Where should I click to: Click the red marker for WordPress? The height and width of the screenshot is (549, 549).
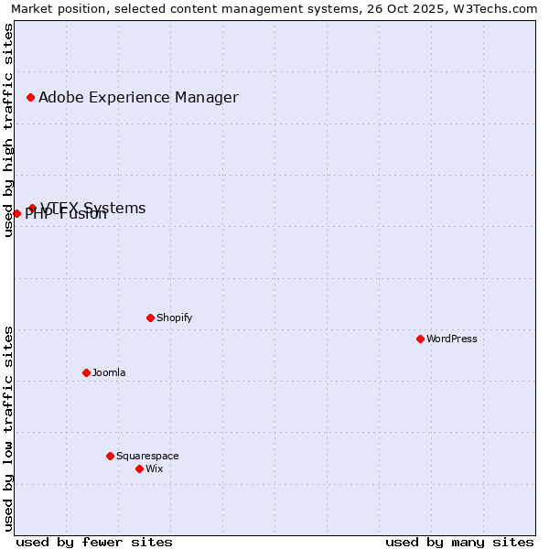click(420, 339)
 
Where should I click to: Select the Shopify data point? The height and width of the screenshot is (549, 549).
click(150, 318)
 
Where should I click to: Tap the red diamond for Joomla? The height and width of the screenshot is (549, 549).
click(86, 372)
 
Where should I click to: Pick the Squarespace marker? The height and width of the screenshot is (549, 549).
click(110, 456)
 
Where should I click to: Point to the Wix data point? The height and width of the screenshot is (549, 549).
click(139, 468)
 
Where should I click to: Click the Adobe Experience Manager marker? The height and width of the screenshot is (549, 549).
click(30, 97)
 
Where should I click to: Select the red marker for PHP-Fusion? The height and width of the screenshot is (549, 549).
click(16, 213)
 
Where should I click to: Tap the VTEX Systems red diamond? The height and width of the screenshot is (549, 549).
click(32, 208)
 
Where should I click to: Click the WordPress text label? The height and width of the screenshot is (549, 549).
click(452, 339)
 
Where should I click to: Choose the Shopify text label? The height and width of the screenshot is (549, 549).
click(174, 318)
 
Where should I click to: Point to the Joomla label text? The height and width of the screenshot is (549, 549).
click(109, 372)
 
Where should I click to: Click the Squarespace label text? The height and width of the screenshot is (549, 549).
click(147, 456)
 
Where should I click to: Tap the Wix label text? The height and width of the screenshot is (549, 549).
click(154, 468)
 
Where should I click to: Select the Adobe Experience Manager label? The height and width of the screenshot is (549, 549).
click(138, 97)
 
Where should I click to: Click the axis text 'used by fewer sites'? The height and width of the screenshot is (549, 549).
click(94, 542)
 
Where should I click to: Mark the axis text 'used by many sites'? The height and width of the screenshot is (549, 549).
click(459, 542)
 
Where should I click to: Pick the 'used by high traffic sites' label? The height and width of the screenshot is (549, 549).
click(8, 130)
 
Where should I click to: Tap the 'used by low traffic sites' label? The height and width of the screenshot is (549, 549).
click(8, 427)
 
